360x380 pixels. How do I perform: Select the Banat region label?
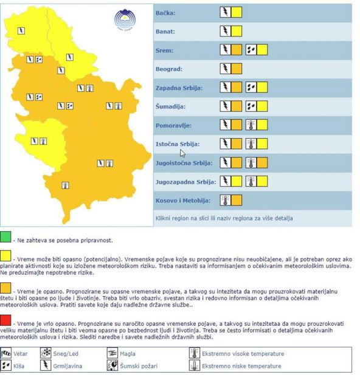(165, 31)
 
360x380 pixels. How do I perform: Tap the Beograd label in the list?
(169, 69)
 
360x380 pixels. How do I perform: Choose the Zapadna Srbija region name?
(179, 88)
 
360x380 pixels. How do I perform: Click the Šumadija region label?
(170, 107)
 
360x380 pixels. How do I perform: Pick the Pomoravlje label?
(174, 125)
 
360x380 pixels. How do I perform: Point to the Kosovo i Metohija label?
(183, 200)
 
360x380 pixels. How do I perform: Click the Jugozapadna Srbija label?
(185, 181)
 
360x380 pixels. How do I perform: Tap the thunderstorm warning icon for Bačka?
(226, 12)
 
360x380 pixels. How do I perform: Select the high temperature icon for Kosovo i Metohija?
(226, 200)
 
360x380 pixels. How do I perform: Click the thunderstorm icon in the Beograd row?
(226, 69)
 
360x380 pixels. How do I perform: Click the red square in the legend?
(5, 320)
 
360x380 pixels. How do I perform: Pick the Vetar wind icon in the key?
(6, 353)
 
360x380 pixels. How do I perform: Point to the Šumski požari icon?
(112, 365)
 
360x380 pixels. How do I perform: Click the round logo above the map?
(125, 19)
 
